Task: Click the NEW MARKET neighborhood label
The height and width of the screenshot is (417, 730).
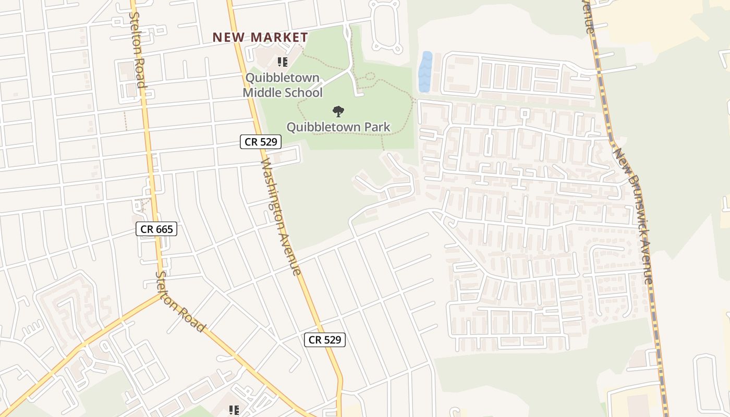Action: (x=260, y=38)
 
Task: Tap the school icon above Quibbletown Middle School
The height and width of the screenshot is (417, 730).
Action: (x=283, y=63)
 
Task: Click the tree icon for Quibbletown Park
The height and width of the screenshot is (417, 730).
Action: (x=338, y=111)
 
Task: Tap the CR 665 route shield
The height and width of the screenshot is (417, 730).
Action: (x=156, y=229)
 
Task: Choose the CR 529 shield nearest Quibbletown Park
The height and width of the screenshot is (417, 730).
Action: (x=261, y=141)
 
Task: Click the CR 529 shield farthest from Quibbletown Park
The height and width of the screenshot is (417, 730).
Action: (x=325, y=340)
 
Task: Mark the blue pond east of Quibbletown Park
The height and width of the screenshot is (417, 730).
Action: (x=425, y=72)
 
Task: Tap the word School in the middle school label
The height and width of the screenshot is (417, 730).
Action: (x=307, y=93)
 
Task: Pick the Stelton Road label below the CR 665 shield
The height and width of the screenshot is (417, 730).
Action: (x=180, y=301)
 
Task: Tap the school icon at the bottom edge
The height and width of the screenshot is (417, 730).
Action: (x=234, y=411)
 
